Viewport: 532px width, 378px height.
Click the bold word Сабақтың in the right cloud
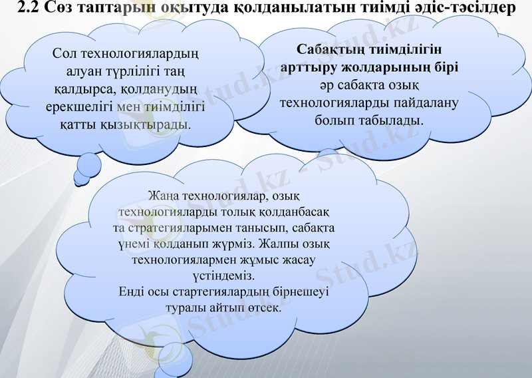(328, 51)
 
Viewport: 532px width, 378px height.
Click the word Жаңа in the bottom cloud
(162, 197)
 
